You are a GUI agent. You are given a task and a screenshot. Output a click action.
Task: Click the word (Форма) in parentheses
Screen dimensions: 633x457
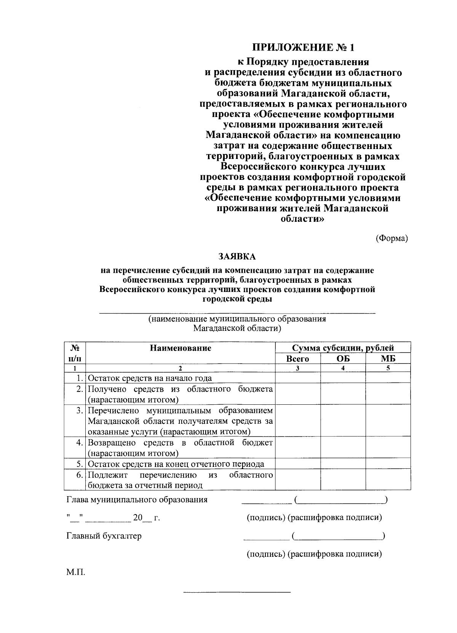(391, 238)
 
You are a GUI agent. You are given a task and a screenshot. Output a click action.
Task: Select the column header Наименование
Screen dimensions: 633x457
(180, 348)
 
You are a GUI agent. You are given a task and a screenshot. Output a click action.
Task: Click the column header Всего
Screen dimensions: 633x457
(297, 359)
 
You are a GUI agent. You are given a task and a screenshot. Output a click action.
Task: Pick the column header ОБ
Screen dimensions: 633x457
(343, 359)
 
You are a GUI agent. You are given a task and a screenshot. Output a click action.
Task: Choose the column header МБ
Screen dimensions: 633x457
(388, 359)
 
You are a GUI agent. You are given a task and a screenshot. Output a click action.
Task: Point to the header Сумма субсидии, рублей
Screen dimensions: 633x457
(343, 348)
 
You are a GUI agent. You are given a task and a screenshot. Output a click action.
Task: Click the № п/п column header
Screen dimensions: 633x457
(75, 353)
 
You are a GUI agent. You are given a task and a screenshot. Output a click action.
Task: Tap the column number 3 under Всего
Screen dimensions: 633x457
(297, 368)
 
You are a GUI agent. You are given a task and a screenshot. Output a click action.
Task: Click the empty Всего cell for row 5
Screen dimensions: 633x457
(297, 464)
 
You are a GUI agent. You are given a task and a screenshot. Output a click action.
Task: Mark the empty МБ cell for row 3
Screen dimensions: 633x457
(388, 421)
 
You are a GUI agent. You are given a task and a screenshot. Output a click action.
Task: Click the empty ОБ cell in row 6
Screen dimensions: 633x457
(343, 480)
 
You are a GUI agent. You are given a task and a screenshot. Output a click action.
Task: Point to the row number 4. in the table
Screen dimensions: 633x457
(80, 443)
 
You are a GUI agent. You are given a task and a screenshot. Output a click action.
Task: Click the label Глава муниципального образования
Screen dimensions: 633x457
(137, 500)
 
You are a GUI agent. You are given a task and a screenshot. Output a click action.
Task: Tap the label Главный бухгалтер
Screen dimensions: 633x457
(104, 536)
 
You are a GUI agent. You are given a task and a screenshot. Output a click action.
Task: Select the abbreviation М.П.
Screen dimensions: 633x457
(76, 572)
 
